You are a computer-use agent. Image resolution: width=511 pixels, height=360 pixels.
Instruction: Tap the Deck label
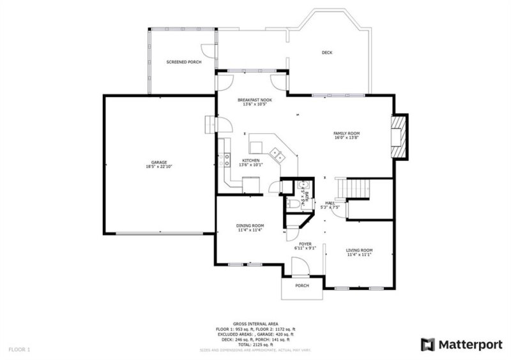(326, 52)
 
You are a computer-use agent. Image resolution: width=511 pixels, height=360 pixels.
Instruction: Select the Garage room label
(159, 164)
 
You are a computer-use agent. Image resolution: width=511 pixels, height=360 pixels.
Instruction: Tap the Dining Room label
(250, 227)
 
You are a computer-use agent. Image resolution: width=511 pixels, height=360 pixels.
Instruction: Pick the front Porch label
(302, 285)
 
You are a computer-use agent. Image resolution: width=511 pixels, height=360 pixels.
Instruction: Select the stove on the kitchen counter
(225, 160)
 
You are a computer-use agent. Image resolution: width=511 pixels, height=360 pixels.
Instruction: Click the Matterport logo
(461, 345)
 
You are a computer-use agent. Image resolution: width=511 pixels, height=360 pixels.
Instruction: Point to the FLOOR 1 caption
(19, 350)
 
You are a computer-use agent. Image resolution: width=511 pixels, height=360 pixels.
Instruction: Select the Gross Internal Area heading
(255, 324)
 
